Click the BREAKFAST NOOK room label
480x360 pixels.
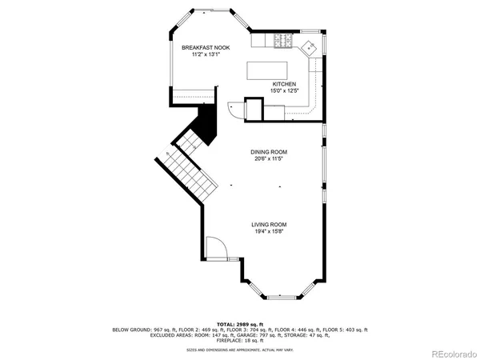click(200, 48)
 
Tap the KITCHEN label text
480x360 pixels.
click(284, 84)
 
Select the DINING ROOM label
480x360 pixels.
click(269, 151)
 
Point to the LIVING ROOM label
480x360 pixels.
click(269, 224)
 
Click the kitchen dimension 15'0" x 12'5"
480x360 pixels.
click(284, 90)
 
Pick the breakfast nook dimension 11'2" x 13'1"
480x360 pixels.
click(200, 55)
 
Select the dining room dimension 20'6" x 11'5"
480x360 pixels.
click(269, 158)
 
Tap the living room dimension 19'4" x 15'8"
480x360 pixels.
click(269, 231)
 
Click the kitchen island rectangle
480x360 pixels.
click(270, 70)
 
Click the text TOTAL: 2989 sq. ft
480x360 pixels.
click(239, 322)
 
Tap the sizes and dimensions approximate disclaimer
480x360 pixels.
click(240, 349)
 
